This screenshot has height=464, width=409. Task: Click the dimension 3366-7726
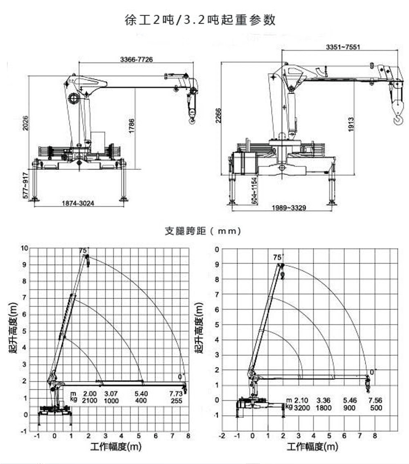coord(137,60)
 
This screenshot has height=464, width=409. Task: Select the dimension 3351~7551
coord(343,47)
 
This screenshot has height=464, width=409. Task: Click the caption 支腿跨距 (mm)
coord(203,231)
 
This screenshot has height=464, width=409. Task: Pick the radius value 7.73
coord(175,394)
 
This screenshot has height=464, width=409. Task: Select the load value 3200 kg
coord(302,407)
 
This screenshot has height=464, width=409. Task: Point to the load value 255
coord(176,401)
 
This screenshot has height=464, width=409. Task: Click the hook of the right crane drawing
coord(397,118)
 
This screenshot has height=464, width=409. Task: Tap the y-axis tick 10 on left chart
coord(25,248)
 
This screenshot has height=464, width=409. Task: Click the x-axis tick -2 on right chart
coord(222,435)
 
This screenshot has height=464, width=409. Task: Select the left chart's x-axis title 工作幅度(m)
coord(115,447)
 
